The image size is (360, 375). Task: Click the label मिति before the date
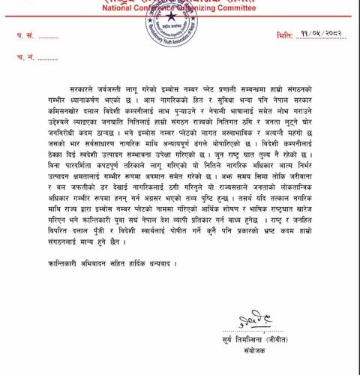(x=285, y=35)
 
